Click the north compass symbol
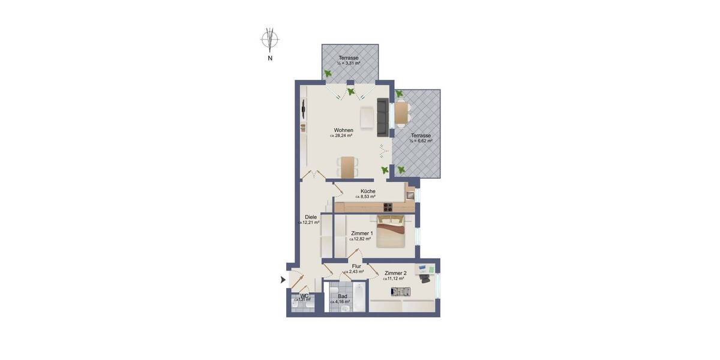(x=270, y=40)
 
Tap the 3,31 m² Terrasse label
(x=349, y=60)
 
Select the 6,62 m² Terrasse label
(x=421, y=138)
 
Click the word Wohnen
(x=343, y=130)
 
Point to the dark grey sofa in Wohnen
(x=382, y=117)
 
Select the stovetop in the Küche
(x=388, y=208)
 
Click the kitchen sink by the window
(x=410, y=194)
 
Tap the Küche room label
(x=368, y=191)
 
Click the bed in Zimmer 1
(x=392, y=232)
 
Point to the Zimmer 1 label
(x=362, y=233)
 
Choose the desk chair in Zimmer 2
(x=426, y=278)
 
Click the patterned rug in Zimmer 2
(x=400, y=292)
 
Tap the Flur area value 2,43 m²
(x=354, y=272)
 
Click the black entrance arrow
(x=283, y=280)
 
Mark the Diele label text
(x=310, y=217)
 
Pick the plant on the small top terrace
(x=328, y=73)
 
